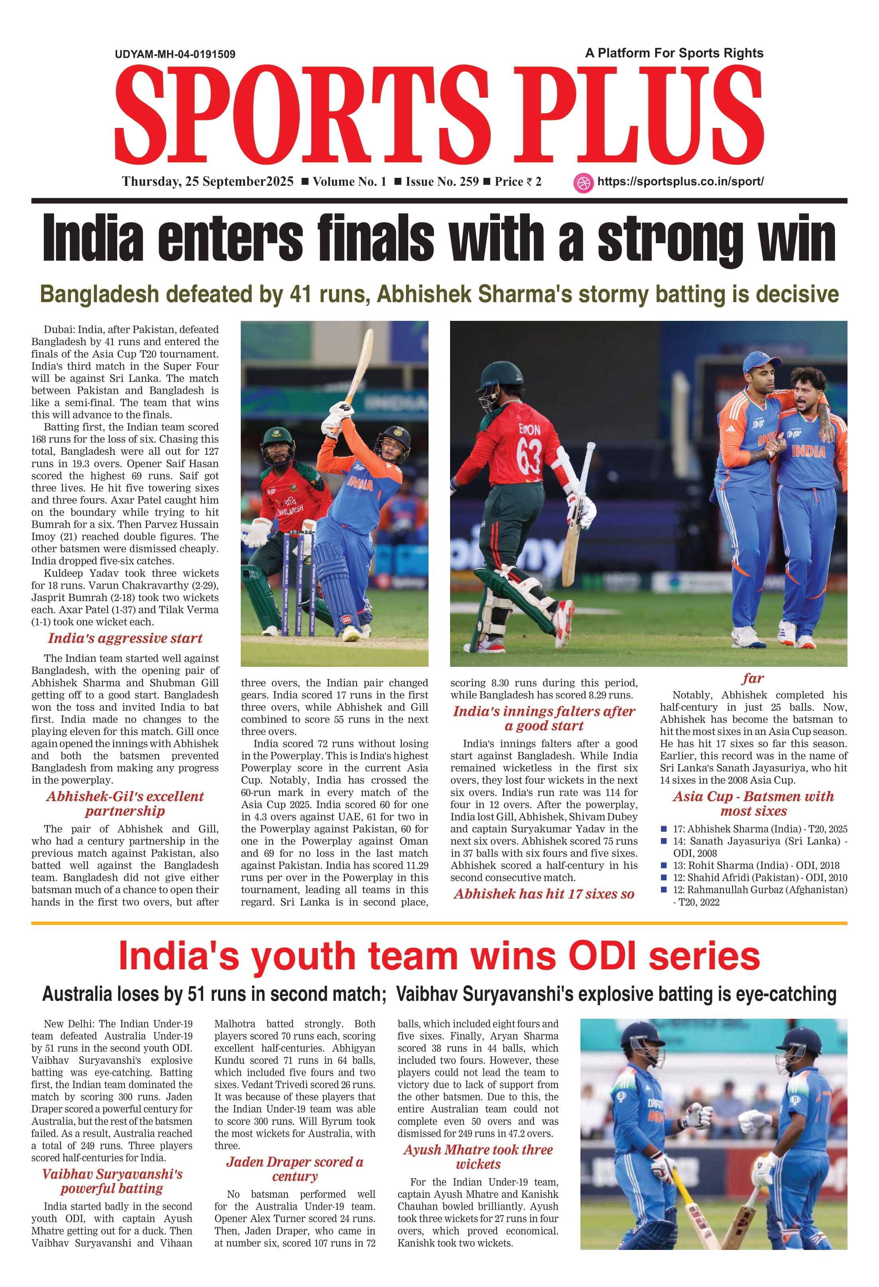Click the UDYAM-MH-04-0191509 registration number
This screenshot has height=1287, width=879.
(175, 54)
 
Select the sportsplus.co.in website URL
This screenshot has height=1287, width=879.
(680, 182)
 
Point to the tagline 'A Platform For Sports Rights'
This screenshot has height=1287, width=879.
(674, 53)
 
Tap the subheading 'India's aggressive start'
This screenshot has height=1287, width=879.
(125, 639)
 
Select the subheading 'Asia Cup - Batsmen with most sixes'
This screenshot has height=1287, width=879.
(753, 804)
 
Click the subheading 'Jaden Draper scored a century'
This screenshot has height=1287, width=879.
(295, 1169)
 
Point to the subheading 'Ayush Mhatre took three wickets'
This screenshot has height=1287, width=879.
(478, 1157)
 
